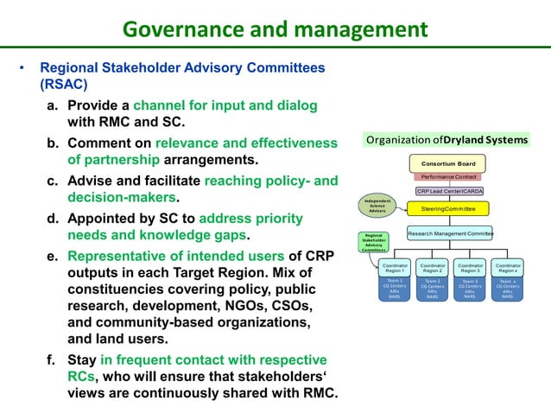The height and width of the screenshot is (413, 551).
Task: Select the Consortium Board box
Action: click(x=448, y=163)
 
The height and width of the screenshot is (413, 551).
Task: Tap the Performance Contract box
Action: click(x=448, y=177)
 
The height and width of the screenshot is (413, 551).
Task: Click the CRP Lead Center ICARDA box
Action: click(x=449, y=191)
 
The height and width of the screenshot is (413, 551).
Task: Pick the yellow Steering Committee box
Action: click(x=448, y=209)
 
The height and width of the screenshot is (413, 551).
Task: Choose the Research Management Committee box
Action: click(x=449, y=232)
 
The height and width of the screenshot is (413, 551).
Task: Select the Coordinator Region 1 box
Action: click(x=395, y=268)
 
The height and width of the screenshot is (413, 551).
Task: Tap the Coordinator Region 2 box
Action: click(x=433, y=268)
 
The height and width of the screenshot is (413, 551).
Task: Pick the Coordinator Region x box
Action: click(x=508, y=268)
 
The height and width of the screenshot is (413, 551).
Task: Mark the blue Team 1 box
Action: click(x=395, y=289)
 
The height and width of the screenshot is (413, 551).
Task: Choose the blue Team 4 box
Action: click(x=508, y=289)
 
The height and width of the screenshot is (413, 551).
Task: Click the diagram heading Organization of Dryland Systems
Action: click(x=447, y=139)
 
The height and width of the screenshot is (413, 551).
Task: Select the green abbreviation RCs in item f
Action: click(x=82, y=376)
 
